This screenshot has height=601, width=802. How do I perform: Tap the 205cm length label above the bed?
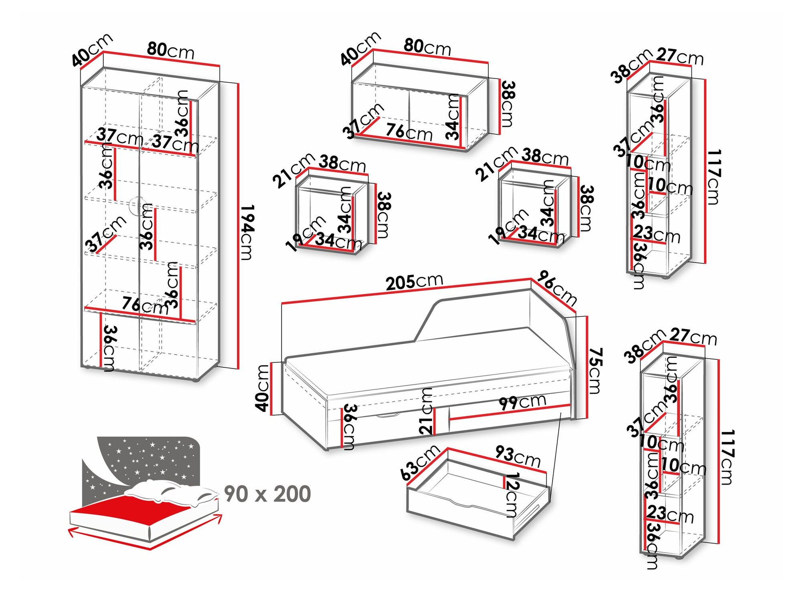click(x=414, y=282)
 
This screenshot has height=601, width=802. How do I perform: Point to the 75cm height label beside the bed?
click(x=595, y=371)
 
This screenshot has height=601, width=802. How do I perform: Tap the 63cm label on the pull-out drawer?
click(x=420, y=462)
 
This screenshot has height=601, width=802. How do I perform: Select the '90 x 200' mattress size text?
click(x=267, y=494)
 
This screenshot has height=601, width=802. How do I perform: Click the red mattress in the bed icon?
click(x=128, y=510)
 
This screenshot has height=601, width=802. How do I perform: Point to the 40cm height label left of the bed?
click(x=263, y=388)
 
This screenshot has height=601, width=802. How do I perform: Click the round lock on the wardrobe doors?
click(x=137, y=205)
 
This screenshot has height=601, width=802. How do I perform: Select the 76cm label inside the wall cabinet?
click(x=409, y=132)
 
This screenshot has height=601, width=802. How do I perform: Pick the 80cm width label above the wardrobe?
click(x=170, y=50)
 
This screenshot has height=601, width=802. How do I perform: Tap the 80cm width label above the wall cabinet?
click(x=427, y=47)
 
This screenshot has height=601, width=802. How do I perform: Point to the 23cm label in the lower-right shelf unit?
click(x=670, y=514)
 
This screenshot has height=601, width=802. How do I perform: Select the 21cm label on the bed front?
click(x=427, y=411)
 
